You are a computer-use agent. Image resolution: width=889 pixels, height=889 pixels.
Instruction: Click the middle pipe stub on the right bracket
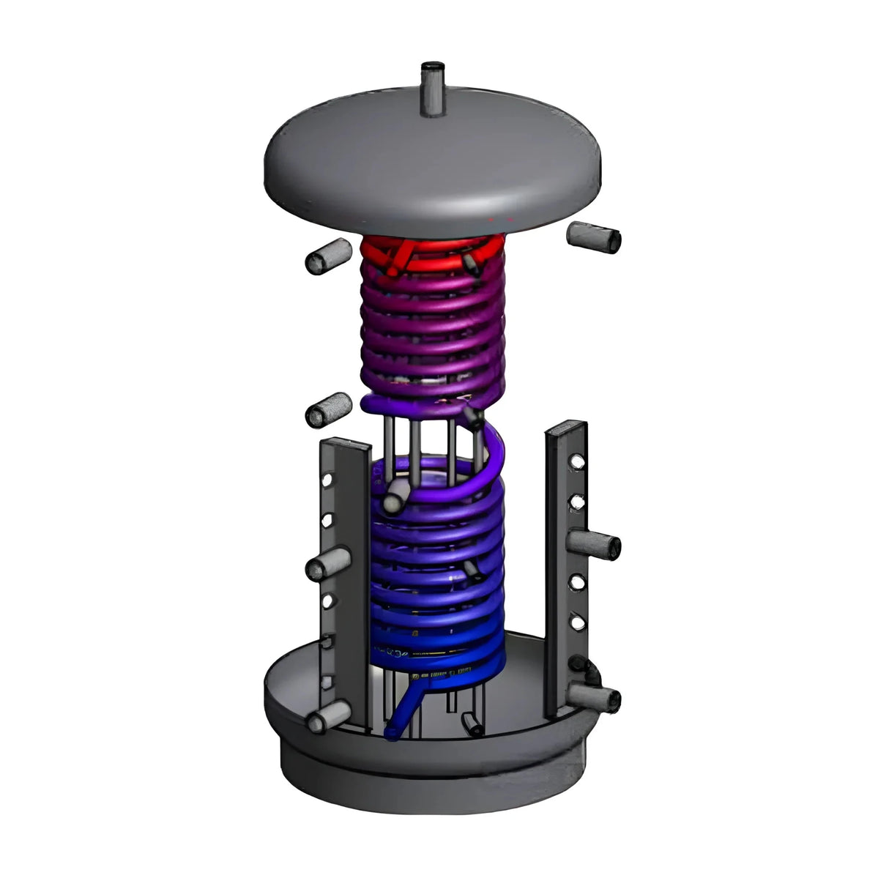point(595,543)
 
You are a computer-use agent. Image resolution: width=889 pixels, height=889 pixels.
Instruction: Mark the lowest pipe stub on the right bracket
point(600,697)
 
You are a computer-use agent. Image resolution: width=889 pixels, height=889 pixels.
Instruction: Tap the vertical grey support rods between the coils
point(432,439)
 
